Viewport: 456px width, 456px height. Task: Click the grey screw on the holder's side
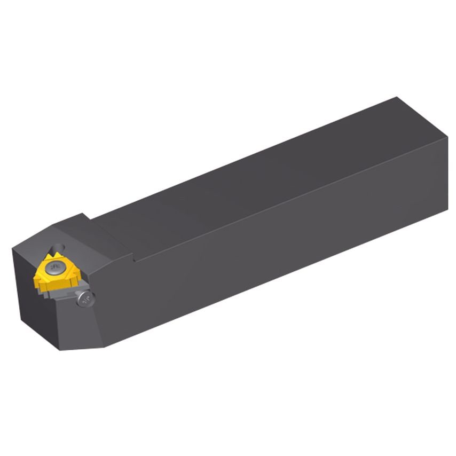(x=86, y=300)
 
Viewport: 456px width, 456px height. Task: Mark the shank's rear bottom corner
(x=447, y=210)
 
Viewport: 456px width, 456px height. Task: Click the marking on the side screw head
(x=86, y=300)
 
